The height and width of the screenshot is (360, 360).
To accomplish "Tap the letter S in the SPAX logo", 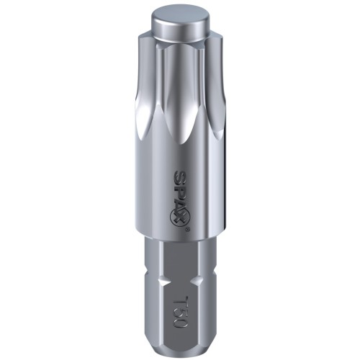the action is [180, 175].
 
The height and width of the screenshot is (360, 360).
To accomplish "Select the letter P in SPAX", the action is [180, 186].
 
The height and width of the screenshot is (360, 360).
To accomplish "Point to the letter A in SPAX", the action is [180, 199].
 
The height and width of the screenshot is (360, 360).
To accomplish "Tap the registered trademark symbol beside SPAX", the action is [188, 229].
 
